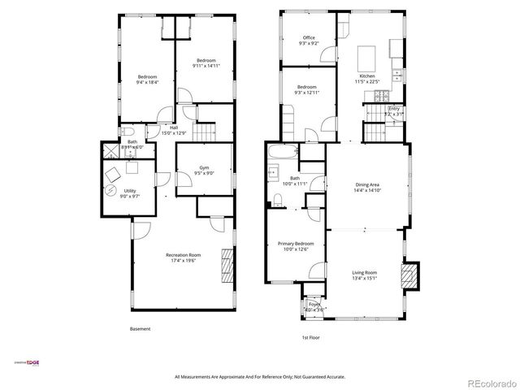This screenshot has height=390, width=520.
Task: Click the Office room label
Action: point(309,37)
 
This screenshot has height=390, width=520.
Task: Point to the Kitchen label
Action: point(367,76)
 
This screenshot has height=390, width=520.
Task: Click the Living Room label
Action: point(364,272)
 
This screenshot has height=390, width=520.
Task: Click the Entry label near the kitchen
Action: point(394,108)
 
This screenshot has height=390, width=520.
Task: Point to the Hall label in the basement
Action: point(173,128)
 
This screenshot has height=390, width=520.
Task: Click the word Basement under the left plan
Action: point(140,328)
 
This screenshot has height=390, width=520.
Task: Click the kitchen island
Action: point(365,58)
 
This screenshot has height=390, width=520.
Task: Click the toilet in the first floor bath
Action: point(276,195)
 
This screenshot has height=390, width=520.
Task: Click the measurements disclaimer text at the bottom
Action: point(260,376)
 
